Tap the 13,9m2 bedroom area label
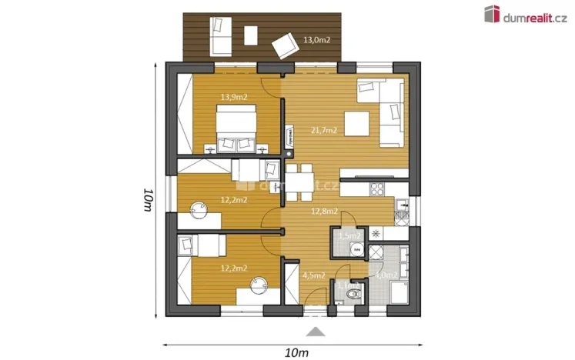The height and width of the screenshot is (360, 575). (x=233, y=97)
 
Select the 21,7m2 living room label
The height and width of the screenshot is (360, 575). (x=323, y=131)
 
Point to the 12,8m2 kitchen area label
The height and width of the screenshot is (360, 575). (x=324, y=212)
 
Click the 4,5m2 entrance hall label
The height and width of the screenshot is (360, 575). (x=313, y=275)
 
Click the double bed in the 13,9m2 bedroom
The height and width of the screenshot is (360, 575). (x=236, y=128)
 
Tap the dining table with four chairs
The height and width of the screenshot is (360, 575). (x=301, y=183)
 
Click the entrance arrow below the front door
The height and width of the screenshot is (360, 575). (x=316, y=332)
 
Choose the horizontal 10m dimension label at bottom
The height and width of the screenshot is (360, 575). (x=296, y=352)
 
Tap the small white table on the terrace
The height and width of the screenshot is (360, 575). (x=250, y=35)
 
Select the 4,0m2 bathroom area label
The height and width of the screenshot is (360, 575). (x=385, y=275)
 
